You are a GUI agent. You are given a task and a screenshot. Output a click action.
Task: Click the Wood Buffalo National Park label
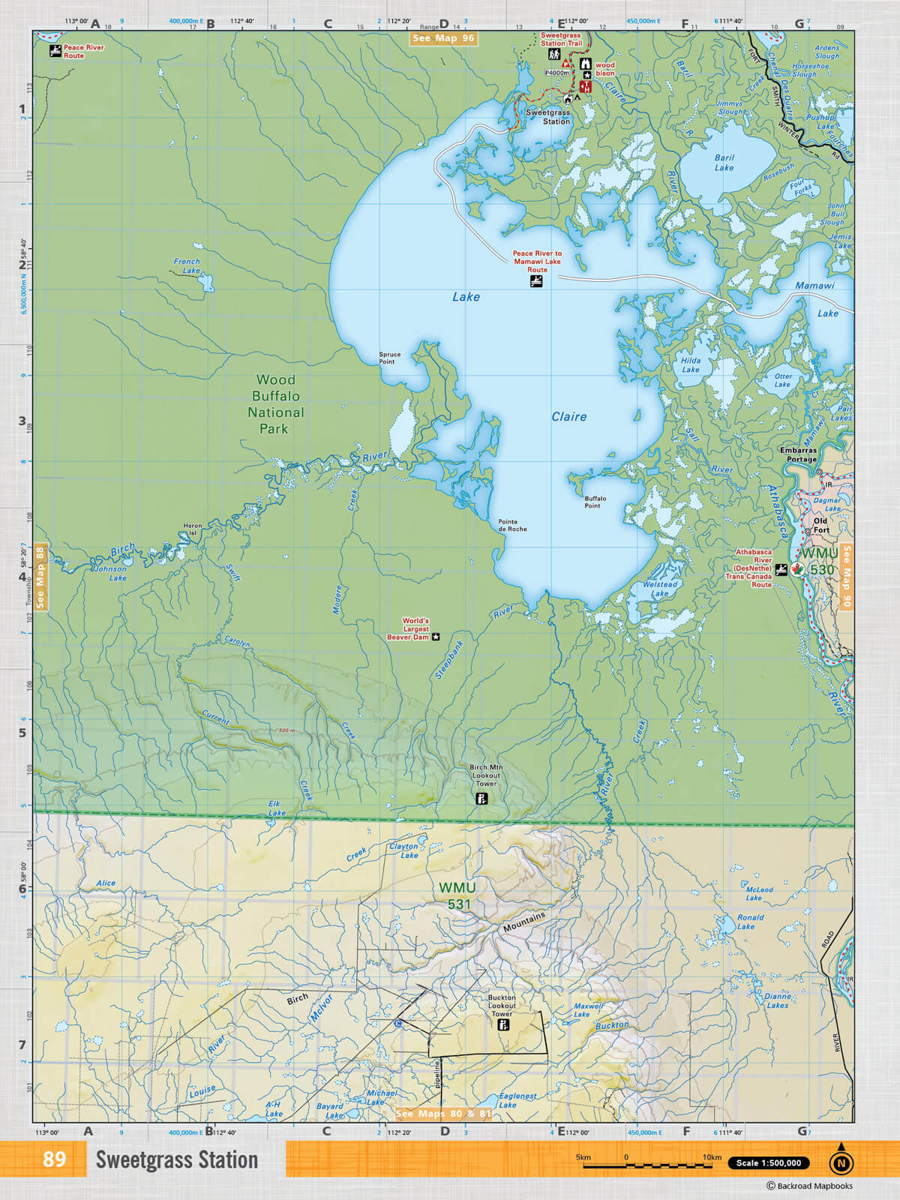(x=275, y=404)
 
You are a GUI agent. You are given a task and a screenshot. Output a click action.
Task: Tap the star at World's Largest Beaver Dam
(x=436, y=637)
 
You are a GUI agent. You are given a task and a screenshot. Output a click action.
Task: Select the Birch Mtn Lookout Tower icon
(x=482, y=799)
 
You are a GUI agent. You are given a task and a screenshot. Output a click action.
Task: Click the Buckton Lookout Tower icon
(x=503, y=1024)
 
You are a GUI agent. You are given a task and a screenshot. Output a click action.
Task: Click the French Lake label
(x=187, y=266)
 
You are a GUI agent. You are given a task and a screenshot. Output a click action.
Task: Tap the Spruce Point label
(x=389, y=358)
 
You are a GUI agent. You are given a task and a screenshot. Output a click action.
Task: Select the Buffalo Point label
(x=595, y=502)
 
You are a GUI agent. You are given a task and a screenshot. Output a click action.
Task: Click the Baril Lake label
(x=724, y=163)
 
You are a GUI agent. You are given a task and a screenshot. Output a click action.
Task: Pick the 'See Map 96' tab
(x=443, y=38)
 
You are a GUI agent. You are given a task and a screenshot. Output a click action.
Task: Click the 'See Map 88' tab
(x=40, y=577)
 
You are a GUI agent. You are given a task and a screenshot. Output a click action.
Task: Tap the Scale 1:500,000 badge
(x=768, y=1163)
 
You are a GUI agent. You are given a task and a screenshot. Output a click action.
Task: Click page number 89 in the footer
(x=54, y=1159)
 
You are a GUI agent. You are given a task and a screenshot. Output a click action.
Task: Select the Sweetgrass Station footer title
(x=176, y=1160)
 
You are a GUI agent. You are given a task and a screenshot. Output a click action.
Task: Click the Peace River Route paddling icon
(x=55, y=51)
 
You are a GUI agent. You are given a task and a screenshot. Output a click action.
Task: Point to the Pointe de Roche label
(x=512, y=525)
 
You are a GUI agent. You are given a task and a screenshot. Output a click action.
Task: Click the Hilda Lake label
(x=691, y=365)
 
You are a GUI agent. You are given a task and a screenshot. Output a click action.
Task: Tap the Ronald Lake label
(x=749, y=922)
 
